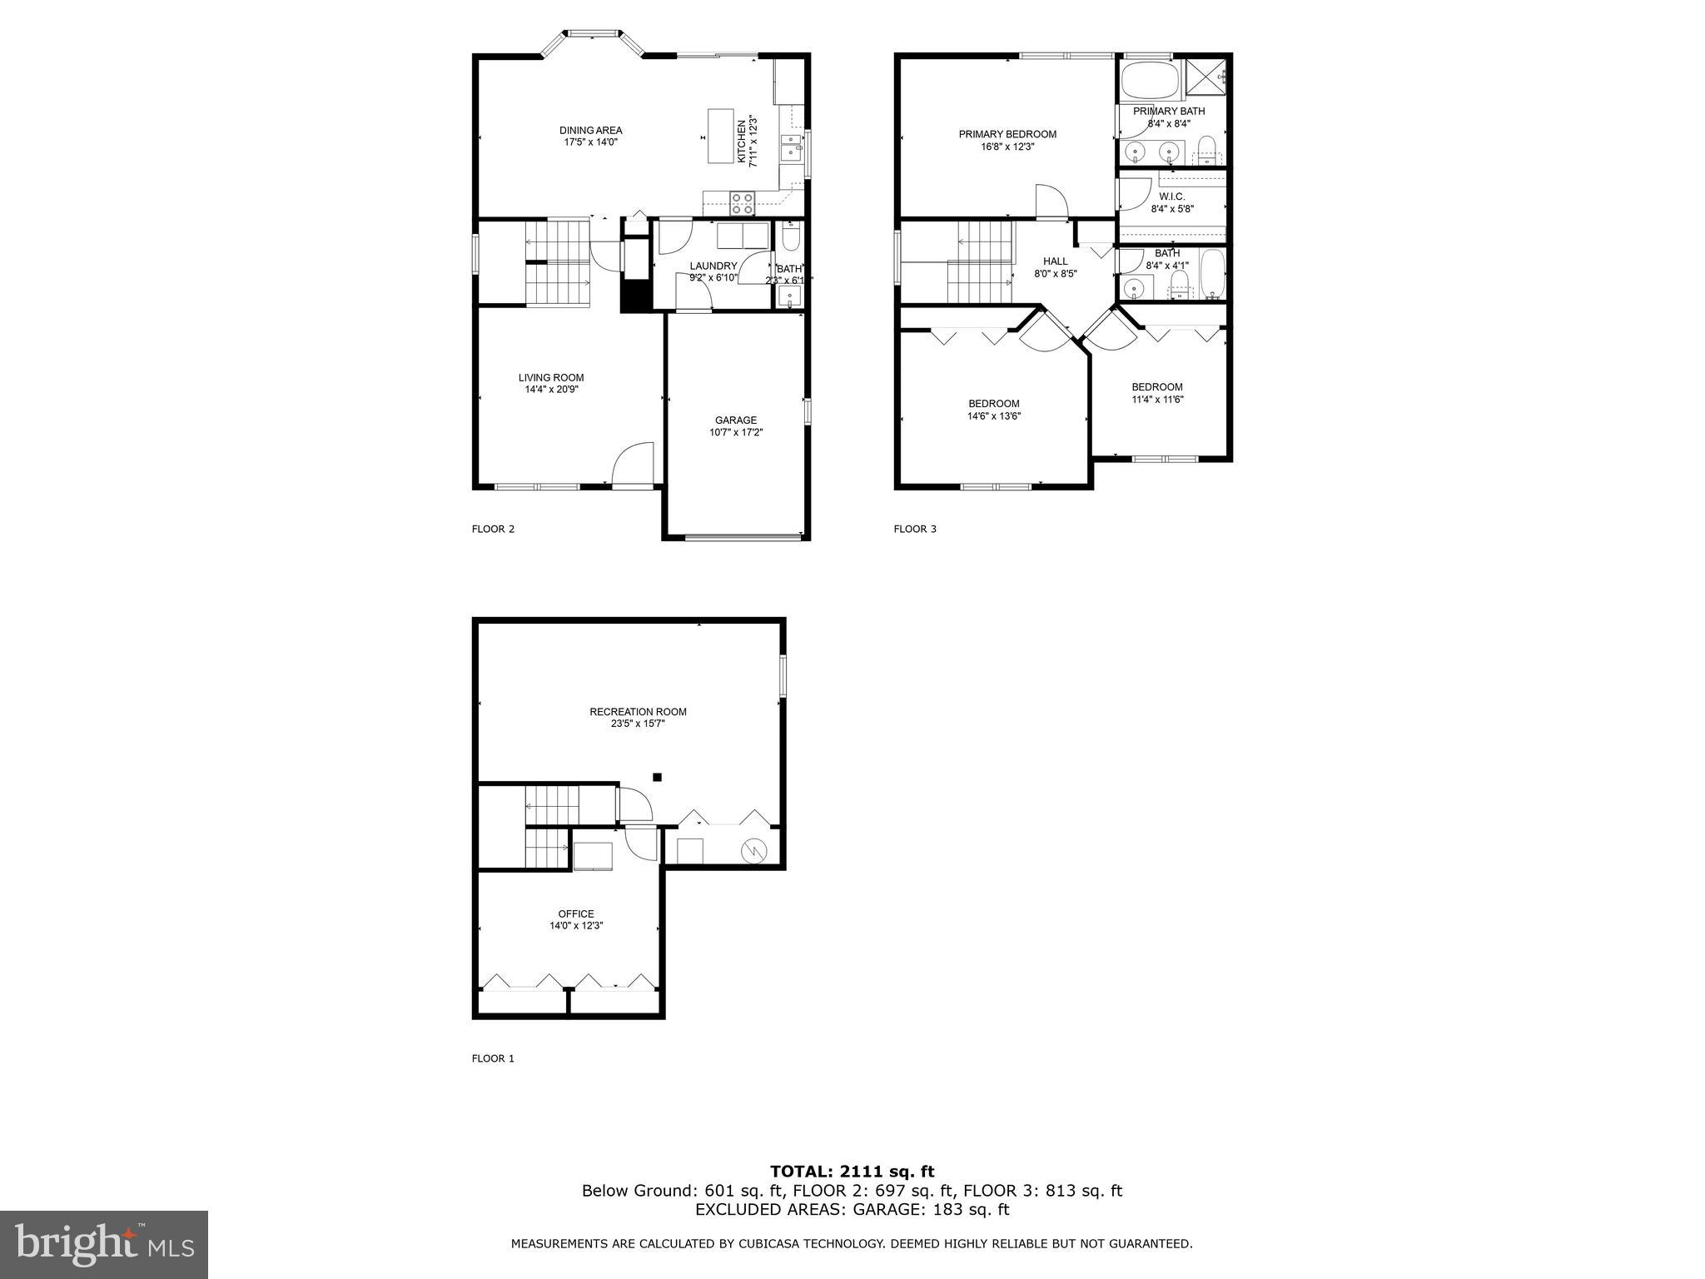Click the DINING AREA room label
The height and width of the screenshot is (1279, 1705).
(x=590, y=130)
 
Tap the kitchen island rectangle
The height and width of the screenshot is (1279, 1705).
(x=721, y=136)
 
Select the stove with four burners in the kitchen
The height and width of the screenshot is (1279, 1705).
(x=742, y=202)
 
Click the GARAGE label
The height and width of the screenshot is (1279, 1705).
(x=736, y=421)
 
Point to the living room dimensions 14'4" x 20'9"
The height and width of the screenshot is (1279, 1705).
(x=551, y=389)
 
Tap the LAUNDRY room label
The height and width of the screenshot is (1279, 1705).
(x=713, y=266)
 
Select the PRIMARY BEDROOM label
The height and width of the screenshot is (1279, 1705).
(x=1007, y=134)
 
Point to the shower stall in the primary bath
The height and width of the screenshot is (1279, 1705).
(x=1205, y=78)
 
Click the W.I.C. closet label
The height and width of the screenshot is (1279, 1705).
(x=1171, y=197)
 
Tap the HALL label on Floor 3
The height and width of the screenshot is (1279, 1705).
(x=1055, y=261)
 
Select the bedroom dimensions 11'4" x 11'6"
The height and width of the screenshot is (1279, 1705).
(x=1157, y=399)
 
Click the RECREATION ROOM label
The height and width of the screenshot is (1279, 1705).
(x=638, y=712)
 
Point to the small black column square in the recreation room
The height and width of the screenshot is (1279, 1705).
(x=657, y=777)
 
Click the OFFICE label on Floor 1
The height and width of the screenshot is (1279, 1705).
(x=576, y=913)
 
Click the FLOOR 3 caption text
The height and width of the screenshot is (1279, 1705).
(x=915, y=529)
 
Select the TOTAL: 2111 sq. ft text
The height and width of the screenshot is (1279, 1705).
(x=852, y=1172)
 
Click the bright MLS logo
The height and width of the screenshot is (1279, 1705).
(x=104, y=1245)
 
